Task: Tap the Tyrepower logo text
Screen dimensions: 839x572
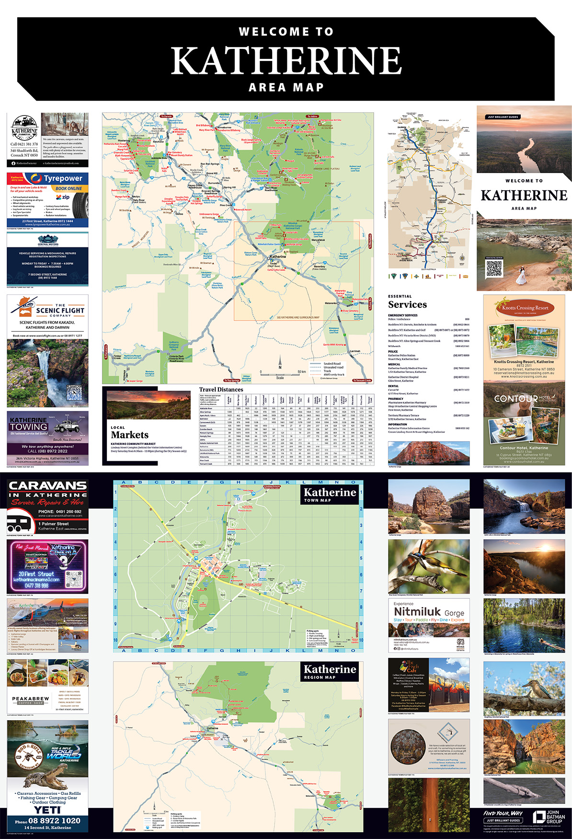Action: coord(63,178)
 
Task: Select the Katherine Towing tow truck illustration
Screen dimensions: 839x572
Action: coord(67,426)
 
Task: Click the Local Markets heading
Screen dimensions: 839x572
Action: coord(129,434)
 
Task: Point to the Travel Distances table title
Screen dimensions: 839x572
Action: coord(221,389)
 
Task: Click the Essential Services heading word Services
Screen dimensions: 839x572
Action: coord(407,304)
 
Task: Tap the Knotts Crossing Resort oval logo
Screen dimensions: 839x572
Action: coord(525,308)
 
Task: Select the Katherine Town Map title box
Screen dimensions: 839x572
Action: coord(330,494)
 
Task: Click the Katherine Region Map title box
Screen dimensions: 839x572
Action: coord(330,671)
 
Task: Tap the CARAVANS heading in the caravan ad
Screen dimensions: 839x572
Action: coord(47,486)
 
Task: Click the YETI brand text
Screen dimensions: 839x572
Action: coord(47,810)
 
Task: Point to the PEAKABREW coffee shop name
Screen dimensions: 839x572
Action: coord(30,699)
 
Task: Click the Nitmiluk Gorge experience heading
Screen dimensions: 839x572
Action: coord(429,612)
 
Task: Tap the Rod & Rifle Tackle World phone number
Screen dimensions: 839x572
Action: coord(54,820)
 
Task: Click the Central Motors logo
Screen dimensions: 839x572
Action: coord(48,241)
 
